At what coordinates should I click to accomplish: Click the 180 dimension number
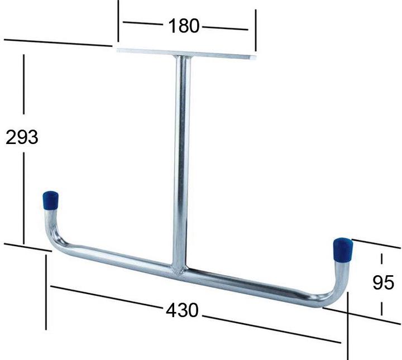[x=184, y=26]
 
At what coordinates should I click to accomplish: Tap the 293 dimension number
[x=22, y=137]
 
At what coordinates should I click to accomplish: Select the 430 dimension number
[x=182, y=310]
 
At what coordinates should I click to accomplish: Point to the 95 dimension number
[x=383, y=282]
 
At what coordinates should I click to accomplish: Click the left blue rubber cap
[x=50, y=201]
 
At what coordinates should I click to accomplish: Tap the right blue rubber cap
[x=343, y=250]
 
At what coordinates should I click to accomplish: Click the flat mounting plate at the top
[x=186, y=54]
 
